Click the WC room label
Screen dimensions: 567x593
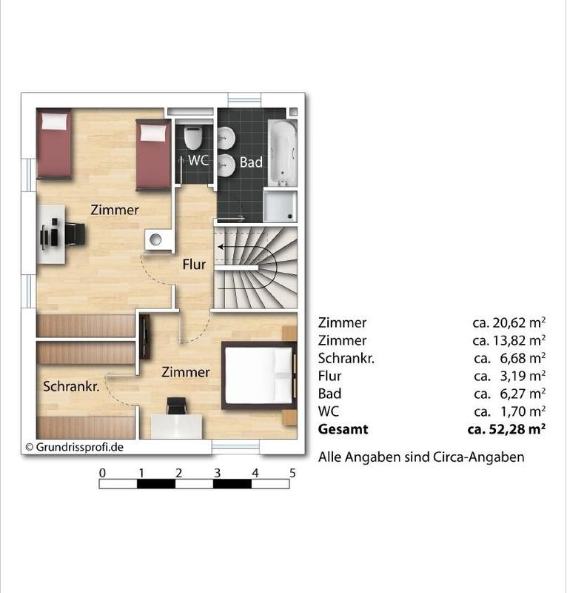198,160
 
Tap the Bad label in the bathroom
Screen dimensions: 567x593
251,162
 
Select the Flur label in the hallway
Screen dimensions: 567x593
194,264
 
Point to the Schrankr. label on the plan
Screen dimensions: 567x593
71,386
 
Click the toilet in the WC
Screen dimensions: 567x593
193,137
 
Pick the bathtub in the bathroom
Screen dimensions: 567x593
282,153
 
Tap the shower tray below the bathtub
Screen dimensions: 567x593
280,207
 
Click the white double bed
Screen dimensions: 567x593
259,375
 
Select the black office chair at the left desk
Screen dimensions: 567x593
75,234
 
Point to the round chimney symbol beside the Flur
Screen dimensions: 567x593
155,239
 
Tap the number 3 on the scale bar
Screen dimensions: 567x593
217,473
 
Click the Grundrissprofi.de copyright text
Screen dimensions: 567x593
75,447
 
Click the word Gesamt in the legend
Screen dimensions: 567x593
343,429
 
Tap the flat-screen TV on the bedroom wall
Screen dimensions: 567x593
144,337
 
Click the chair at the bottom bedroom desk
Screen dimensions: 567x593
176,406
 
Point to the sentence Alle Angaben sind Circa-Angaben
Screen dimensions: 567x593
421,457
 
